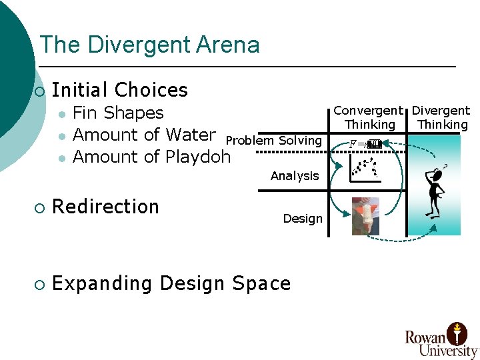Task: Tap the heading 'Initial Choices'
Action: tap(119, 90)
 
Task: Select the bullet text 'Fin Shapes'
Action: tap(118, 113)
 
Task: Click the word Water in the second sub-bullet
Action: tap(190, 135)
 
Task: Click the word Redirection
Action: tap(105, 207)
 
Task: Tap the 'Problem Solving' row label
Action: tap(274, 140)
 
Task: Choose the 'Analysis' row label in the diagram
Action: tap(295, 176)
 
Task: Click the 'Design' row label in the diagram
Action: tap(303, 219)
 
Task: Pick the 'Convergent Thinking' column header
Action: tap(369, 117)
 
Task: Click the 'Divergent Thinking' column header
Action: tap(441, 117)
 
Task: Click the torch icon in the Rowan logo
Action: tap(457, 331)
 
